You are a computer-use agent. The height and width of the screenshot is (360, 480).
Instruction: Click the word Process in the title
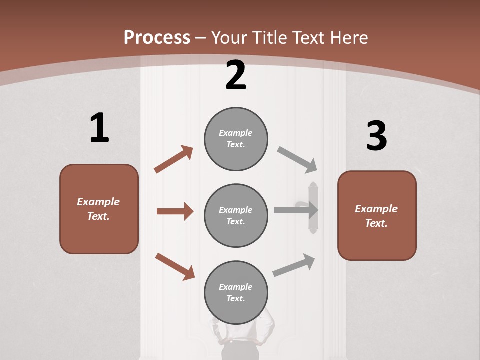pyautogui.click(x=157, y=37)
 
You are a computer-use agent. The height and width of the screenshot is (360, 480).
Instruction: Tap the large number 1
pyautogui.click(x=99, y=128)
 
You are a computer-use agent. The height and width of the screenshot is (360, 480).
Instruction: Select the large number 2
pyautogui.click(x=235, y=75)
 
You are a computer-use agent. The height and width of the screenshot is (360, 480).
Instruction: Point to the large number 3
pyautogui.click(x=376, y=136)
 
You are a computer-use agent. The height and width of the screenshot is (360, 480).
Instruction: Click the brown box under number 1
pyautogui.click(x=99, y=209)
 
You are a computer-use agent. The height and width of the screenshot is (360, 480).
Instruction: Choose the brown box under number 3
pyautogui.click(x=377, y=216)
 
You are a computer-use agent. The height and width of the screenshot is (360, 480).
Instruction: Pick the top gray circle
pyautogui.click(x=236, y=139)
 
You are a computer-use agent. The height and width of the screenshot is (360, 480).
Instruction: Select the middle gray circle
pyautogui.click(x=236, y=215)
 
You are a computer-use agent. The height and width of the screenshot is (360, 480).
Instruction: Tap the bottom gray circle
pyautogui.click(x=236, y=292)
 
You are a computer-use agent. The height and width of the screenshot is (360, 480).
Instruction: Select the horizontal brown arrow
pyautogui.click(x=175, y=211)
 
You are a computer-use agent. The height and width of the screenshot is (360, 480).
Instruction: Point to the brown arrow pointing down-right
pyautogui.click(x=175, y=266)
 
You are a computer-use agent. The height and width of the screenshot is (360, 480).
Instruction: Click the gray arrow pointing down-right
pyautogui.click(x=297, y=160)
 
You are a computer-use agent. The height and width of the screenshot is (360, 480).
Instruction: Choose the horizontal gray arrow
pyautogui.click(x=295, y=210)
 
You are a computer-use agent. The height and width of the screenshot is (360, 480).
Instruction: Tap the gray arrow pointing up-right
pyautogui.click(x=294, y=265)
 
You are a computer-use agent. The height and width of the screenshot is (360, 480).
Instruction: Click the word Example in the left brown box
pyautogui.click(x=98, y=202)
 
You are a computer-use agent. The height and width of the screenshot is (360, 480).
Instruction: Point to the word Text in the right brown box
pyautogui.click(x=376, y=223)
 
